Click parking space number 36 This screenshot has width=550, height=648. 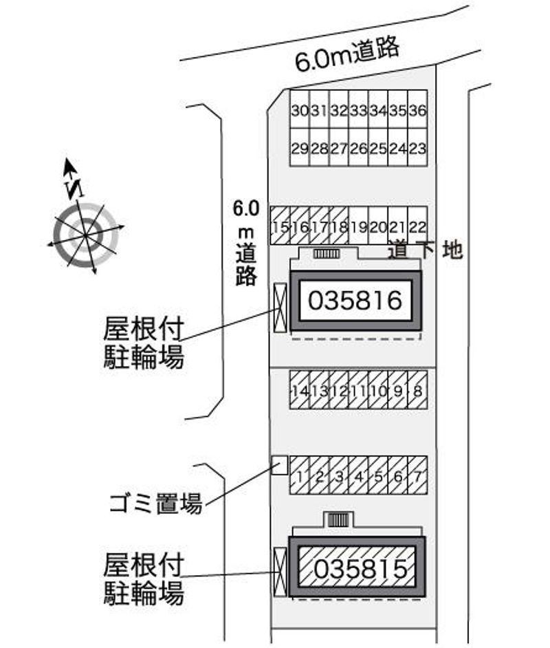coord(418,110)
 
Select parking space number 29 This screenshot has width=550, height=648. coord(299,148)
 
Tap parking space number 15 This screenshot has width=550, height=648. coord(280,226)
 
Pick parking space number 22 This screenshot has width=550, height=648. coord(418,226)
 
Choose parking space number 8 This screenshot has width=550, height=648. coord(417,390)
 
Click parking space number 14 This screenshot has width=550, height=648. coord(299,390)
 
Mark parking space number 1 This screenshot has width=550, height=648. coord(300,475)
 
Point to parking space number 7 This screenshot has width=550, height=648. coord(417,475)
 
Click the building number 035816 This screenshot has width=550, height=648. coord(355,301)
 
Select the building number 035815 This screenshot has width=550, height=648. coord(356,568)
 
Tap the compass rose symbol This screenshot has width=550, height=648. coord(86,234)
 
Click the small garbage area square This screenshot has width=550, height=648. coord(279,466)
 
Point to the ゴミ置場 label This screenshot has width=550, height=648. coord(155,504)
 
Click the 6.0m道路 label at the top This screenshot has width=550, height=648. coord(347,55)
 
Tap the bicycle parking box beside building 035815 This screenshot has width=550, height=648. coord(279,572)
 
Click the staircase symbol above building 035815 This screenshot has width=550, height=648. coord(338,519)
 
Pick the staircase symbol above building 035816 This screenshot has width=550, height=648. coord(327,254)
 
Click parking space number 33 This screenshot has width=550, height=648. coord(358,110)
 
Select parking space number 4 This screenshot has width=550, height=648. coord(358,475)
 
